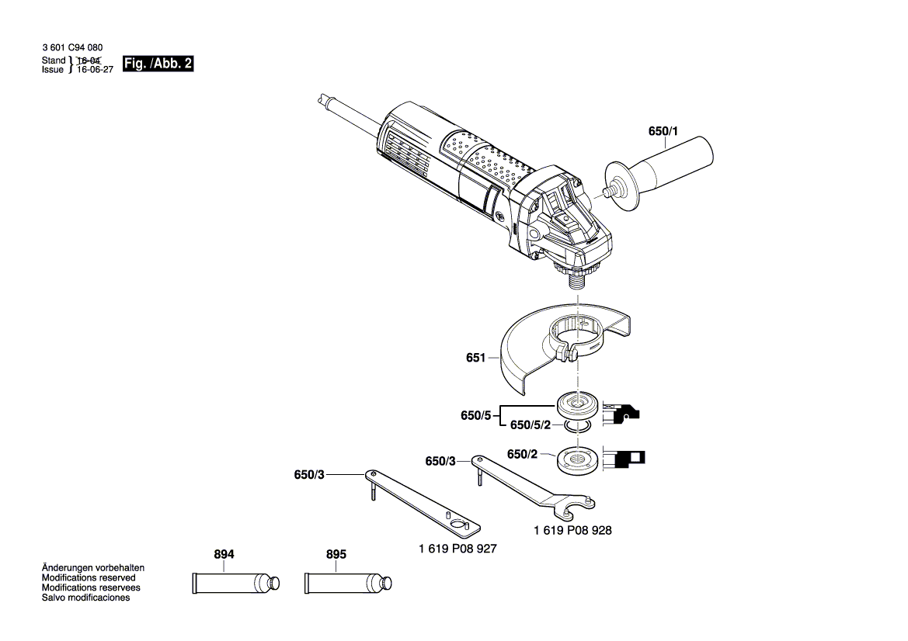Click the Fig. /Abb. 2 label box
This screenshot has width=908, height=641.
158,64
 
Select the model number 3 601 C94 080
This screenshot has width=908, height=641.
71,48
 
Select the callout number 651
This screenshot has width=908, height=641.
475,358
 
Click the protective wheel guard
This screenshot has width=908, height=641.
544,349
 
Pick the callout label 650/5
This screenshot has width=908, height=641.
475,416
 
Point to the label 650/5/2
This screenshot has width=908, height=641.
531,426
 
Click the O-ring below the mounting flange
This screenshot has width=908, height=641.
578,425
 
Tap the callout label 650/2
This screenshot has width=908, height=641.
522,455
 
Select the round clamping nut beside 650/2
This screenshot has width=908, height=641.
578,461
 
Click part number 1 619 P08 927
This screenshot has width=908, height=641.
457,549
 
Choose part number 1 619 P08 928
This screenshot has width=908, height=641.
572,531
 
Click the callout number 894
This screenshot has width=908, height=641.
224,555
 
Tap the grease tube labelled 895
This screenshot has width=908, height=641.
348,582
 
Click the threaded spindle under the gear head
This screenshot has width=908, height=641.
578,280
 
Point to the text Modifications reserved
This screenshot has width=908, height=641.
88,578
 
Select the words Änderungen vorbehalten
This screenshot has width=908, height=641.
92,568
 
